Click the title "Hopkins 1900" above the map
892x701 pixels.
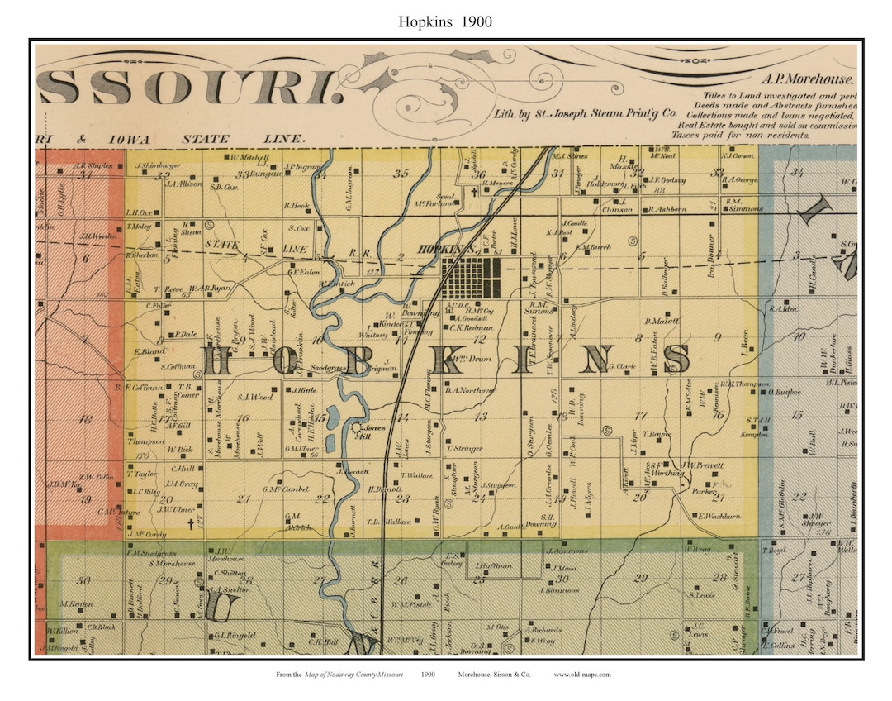click(445, 21)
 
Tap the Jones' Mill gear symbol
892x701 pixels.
click(357, 428)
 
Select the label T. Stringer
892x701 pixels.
click(464, 448)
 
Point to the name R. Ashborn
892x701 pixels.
click(667, 209)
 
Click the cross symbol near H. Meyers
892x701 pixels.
click(474, 193)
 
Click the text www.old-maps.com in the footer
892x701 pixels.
click(582, 675)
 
